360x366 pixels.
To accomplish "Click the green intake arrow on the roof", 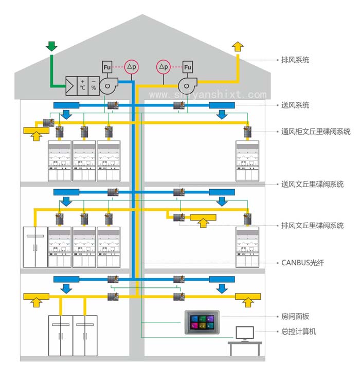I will pyautogui.click(x=51, y=45).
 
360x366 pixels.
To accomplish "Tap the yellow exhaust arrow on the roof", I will pyautogui.click(x=238, y=45).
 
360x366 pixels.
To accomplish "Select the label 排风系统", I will pyautogui.click(x=295, y=60).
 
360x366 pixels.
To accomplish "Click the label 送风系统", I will pyautogui.click(x=295, y=105).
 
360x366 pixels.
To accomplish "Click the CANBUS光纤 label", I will pyautogui.click(x=302, y=263).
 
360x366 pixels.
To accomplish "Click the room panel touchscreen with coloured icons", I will pyautogui.click(x=202, y=322).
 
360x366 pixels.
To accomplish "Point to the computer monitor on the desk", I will pyautogui.click(x=245, y=333).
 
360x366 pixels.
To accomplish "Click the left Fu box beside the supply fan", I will pyautogui.click(x=107, y=67).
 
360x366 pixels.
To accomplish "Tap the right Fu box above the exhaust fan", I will pyautogui.click(x=188, y=67).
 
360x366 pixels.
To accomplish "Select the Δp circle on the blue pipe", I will pyautogui.click(x=132, y=67).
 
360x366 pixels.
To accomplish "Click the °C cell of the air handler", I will pyautogui.click(x=82, y=85).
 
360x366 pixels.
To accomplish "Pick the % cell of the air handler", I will pyautogui.click(x=93, y=85).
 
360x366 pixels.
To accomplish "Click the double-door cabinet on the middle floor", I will pyautogui.click(x=34, y=246).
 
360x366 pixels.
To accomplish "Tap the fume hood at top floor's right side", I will pyautogui.click(x=247, y=160).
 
